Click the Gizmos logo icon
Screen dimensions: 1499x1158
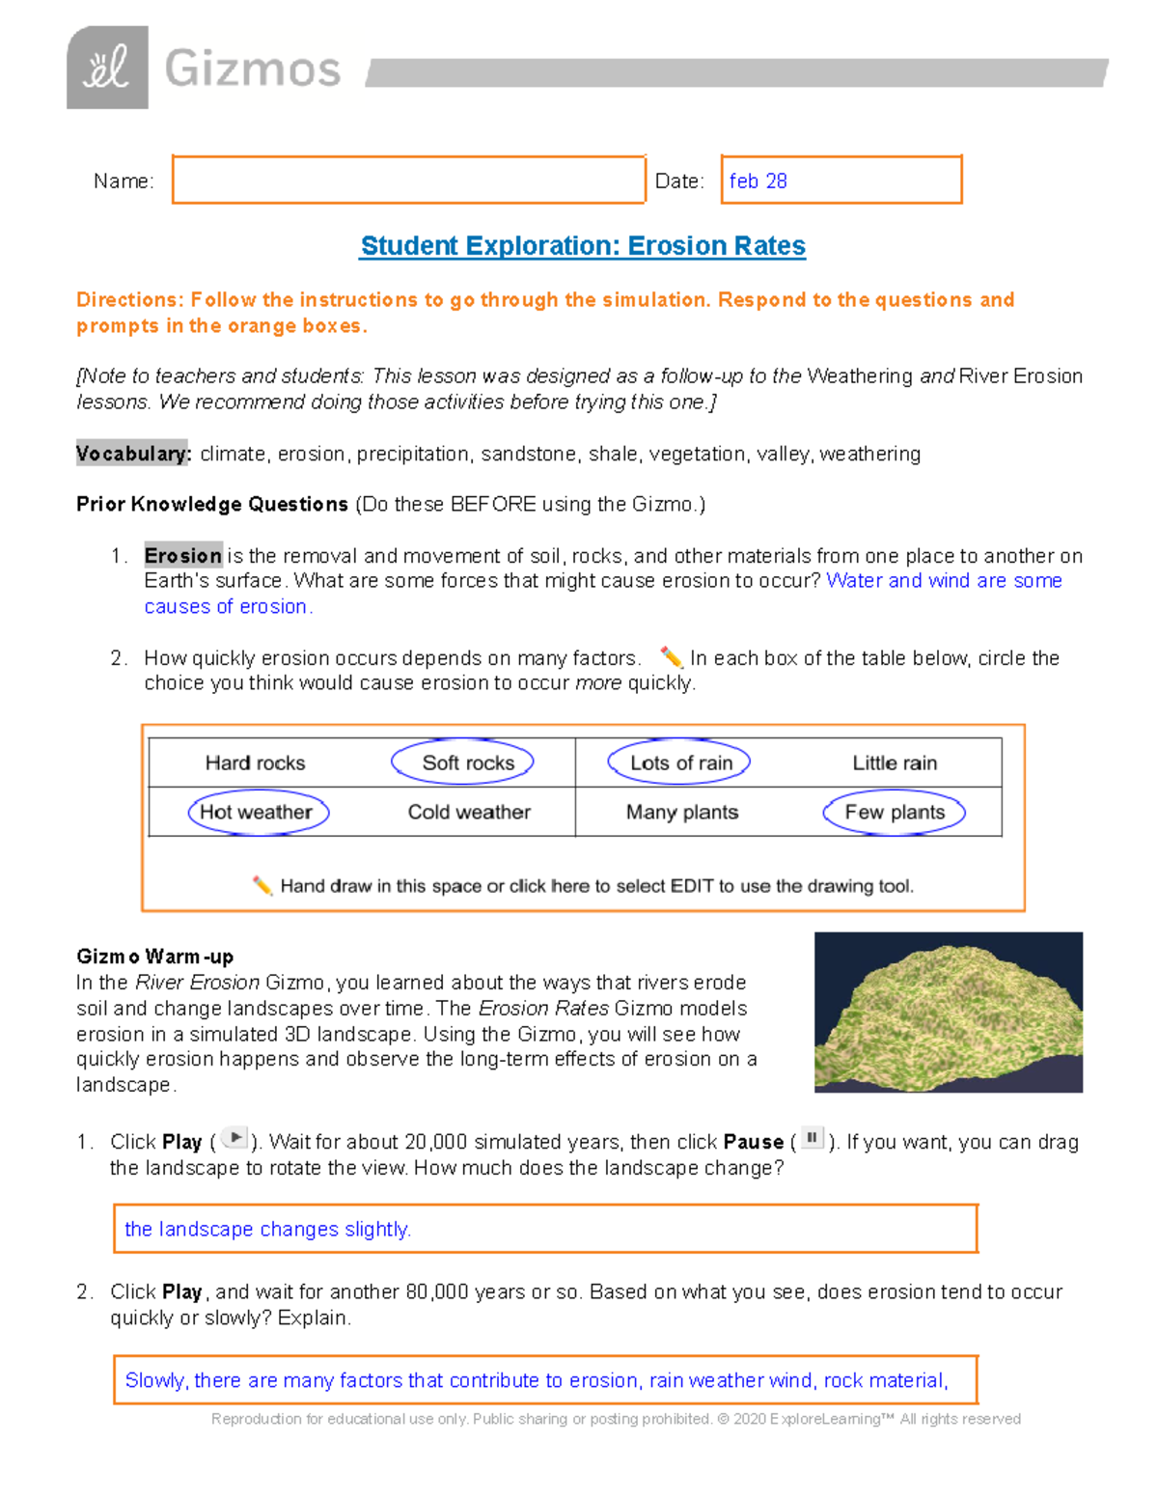tap(107, 68)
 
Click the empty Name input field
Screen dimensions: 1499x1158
tap(408, 180)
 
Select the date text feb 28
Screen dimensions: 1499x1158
tap(758, 181)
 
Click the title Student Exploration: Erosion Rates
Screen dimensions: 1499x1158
tap(583, 246)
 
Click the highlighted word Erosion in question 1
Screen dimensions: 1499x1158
tap(183, 556)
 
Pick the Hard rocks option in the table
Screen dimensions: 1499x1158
tap(255, 763)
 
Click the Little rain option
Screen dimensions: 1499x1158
tap(895, 763)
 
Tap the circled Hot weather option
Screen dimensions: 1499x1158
tap(258, 812)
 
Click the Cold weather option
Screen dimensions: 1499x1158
tap(469, 813)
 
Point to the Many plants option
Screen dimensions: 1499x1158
tap(682, 813)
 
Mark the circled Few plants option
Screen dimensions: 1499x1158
tap(894, 812)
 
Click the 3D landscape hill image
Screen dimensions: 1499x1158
tap(948, 1012)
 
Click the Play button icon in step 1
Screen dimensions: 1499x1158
tap(234, 1138)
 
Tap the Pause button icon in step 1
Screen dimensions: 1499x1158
tap(813, 1138)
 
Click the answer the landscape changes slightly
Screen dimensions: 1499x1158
tap(267, 1230)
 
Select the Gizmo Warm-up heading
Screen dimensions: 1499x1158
tap(155, 957)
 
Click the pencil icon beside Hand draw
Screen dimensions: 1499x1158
tap(262, 885)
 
